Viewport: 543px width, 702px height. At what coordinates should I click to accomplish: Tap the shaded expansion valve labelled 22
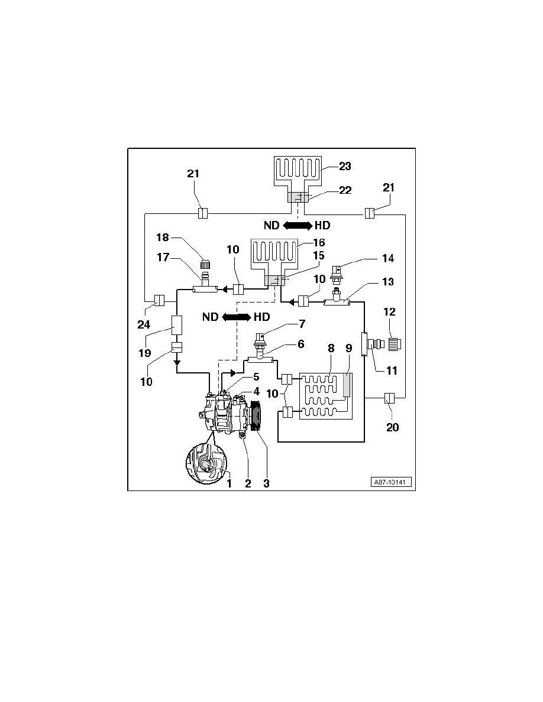pos(298,197)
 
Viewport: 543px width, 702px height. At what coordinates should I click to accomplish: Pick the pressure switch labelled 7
pos(260,340)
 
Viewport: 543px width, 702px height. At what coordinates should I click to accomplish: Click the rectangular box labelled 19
pos(177,324)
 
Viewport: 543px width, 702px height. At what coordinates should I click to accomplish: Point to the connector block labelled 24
pos(159,300)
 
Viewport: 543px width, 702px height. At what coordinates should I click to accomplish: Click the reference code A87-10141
pos(392,483)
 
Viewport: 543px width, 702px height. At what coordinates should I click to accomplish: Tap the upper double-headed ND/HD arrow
pos(298,225)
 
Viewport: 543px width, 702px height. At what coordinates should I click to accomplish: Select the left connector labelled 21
pos(202,213)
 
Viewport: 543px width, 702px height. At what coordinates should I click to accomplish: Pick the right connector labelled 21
pos(370,213)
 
